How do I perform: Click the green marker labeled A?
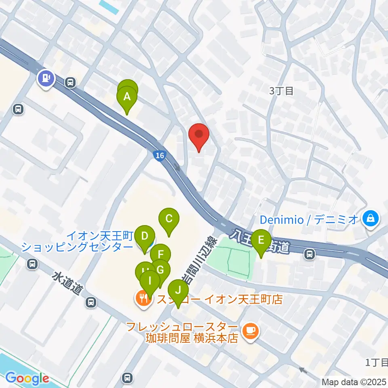click(127, 97)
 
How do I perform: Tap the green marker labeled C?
click(169, 219)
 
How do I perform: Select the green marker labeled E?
click(261, 241)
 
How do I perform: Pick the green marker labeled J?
click(177, 290)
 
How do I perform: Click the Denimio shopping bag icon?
click(371, 219)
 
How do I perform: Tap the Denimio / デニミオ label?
click(309, 220)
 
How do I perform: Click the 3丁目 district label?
click(281, 91)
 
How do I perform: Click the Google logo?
click(27, 378)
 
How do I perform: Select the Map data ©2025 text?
click(354, 382)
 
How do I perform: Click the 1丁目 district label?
click(376, 362)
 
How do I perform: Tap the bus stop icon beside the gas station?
click(71, 83)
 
